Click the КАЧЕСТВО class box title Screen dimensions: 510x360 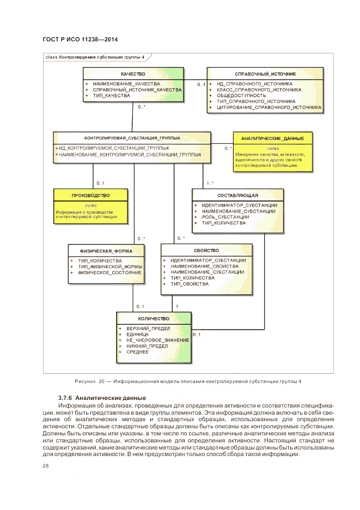coord(133,74)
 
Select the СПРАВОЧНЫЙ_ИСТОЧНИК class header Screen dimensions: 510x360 coord(265,74)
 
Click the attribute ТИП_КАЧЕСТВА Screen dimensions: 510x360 coord(112,95)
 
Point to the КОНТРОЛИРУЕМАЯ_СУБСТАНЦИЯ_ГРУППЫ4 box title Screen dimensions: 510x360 coord(132,138)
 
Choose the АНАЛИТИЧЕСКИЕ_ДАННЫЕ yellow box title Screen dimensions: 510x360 coord(272,138)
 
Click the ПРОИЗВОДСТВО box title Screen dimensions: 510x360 coord(90,195)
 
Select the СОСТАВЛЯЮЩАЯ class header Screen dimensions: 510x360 coord(237,195)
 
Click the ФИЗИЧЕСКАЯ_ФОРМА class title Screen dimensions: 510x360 coord(106,251)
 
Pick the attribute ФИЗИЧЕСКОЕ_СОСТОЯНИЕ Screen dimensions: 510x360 coord(110,272)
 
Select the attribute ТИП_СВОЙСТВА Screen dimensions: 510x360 coord(190,284)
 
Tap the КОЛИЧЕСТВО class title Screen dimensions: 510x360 coord(154,318)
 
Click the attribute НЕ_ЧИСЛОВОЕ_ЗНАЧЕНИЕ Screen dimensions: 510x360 coord(157,340)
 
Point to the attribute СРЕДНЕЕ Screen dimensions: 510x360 coord(137,352)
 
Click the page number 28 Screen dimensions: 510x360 coord(46,465)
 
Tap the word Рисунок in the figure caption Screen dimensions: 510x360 coord(85,381)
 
